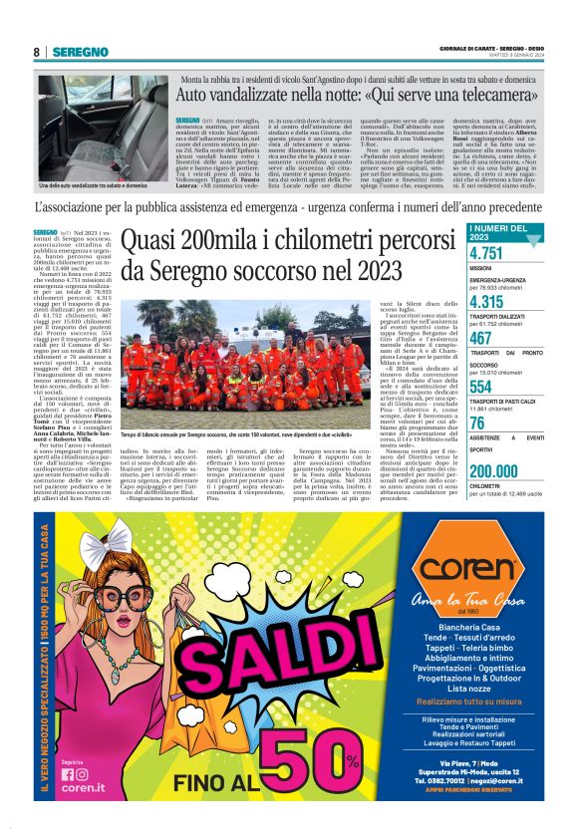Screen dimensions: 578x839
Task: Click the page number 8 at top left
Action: (37, 52)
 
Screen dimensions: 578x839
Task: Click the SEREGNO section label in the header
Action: (80, 52)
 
